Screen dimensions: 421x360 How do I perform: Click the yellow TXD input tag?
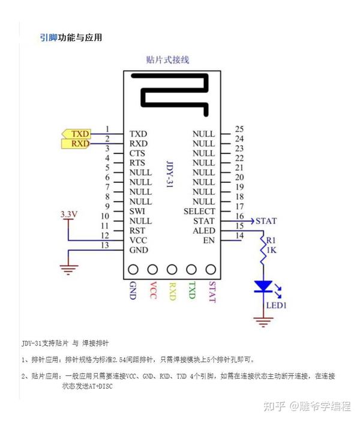pos(76,134)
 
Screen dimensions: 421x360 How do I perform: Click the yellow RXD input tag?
pos(76,144)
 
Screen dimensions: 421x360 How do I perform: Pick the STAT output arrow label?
pos(266,221)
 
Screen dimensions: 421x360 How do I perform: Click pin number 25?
pos(239,129)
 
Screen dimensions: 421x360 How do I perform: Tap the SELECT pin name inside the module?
pos(199,211)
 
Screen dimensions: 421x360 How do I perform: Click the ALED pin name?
pos(203,231)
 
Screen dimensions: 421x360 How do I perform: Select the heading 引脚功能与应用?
pos(71,38)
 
